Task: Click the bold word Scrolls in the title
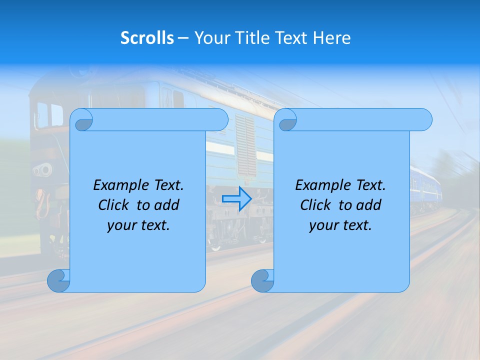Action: (147, 38)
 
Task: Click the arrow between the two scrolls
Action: (236, 199)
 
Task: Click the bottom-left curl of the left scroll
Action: (58, 281)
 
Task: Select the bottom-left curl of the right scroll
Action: (261, 281)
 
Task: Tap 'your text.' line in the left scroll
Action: (138, 225)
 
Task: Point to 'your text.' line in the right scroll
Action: (340, 225)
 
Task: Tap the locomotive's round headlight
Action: (44, 170)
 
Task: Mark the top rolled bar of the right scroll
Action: (360, 119)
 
